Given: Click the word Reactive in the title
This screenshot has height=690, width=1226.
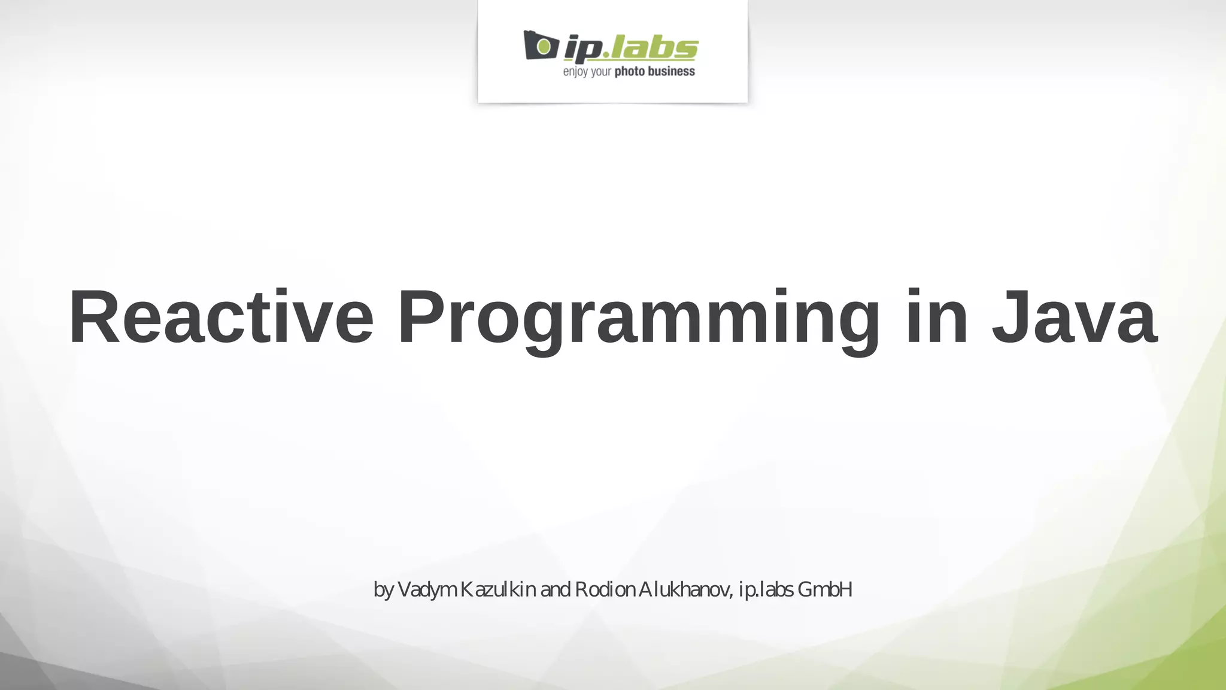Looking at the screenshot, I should (x=221, y=317).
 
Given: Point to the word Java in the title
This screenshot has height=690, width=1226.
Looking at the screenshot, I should (x=1074, y=317).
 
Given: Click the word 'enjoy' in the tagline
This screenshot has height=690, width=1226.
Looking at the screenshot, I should (x=575, y=72).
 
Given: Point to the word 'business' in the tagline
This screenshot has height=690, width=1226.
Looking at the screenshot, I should (x=672, y=72).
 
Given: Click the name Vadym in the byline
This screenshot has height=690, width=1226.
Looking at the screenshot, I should (x=427, y=590).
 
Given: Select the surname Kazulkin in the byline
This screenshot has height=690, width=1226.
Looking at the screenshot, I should (x=498, y=590).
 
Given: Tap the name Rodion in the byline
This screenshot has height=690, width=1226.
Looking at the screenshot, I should (x=605, y=590).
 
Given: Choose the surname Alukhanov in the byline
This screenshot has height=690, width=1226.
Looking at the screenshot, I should (x=685, y=590).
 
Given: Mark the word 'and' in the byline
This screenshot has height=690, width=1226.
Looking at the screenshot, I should (x=555, y=590).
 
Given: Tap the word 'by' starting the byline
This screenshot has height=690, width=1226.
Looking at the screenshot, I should (x=383, y=591).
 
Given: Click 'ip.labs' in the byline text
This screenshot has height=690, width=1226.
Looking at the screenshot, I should (x=767, y=590).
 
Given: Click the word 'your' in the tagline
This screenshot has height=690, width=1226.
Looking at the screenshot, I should (x=601, y=72).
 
